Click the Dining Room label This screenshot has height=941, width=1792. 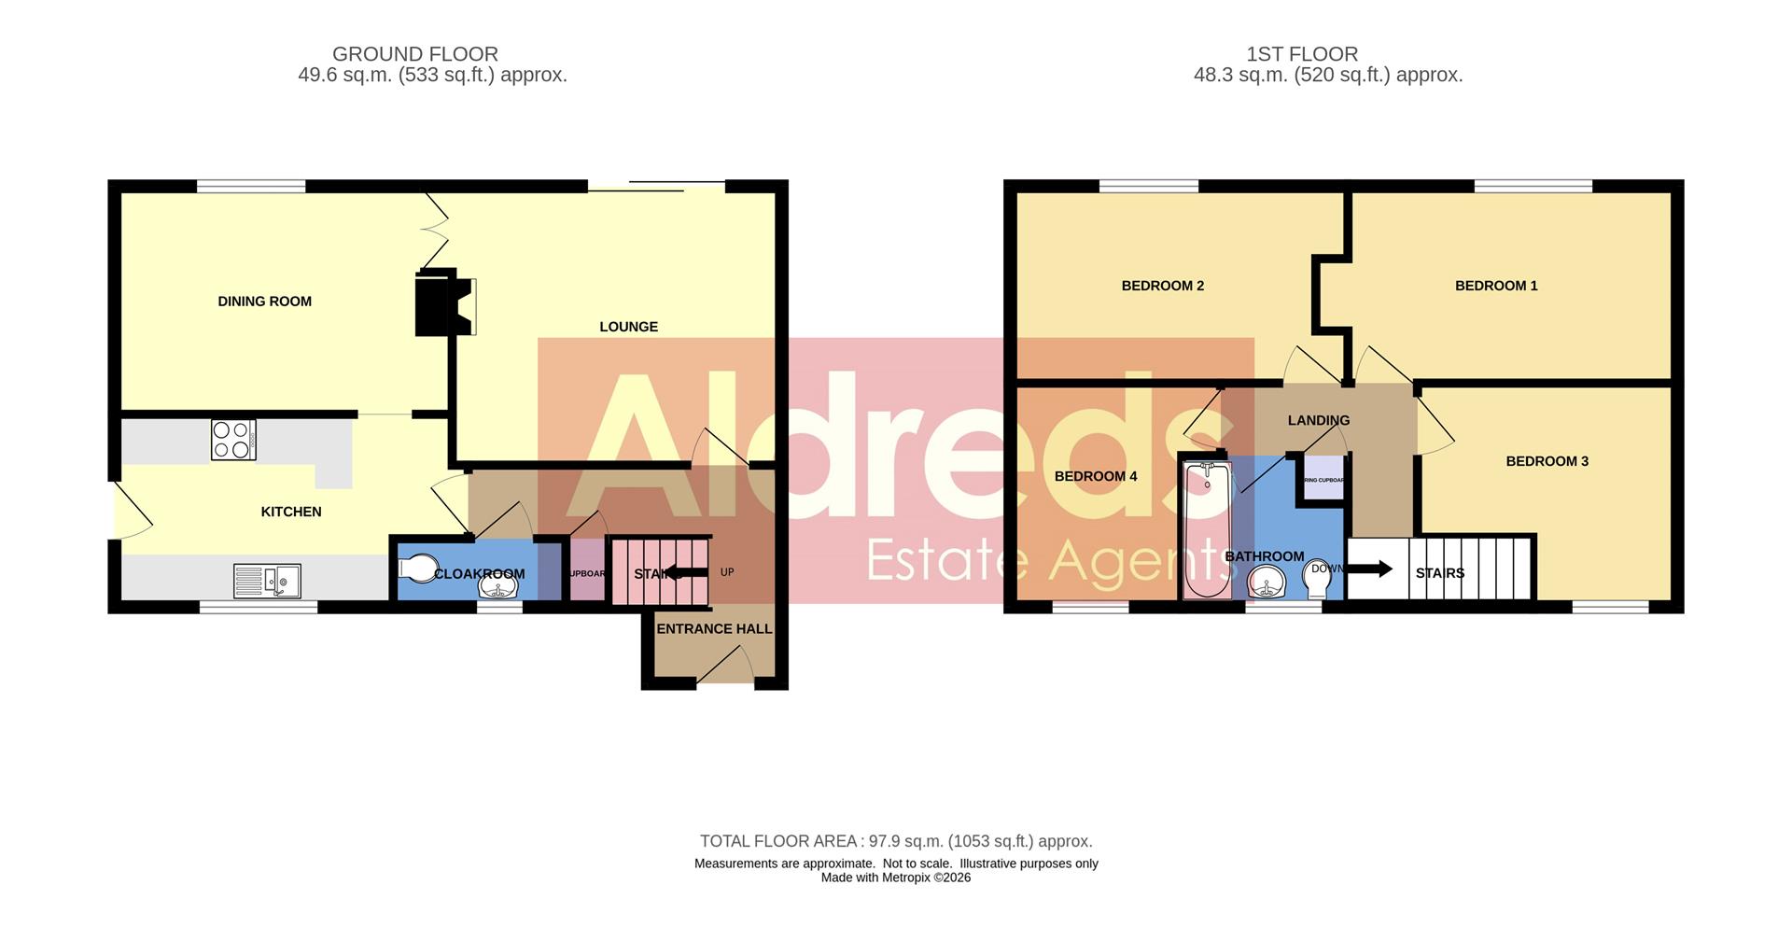[264, 302]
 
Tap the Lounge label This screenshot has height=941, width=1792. [628, 327]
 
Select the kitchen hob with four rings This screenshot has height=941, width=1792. [233, 440]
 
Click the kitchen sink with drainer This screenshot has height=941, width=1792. [267, 581]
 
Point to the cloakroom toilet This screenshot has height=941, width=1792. [417, 569]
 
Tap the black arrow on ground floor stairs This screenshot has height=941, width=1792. [684, 573]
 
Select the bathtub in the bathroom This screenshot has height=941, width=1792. [1207, 529]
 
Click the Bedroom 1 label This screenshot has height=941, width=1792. [1496, 286]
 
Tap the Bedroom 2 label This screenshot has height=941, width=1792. [1162, 286]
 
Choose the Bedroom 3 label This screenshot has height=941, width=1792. [1547, 461]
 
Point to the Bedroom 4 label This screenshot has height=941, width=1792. [1096, 476]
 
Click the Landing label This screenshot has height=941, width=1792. [1318, 420]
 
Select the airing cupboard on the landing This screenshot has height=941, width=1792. [1323, 479]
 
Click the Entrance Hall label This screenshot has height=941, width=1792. [714, 629]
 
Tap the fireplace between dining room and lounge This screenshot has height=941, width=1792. [442, 302]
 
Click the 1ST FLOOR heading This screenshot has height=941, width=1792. [1302, 54]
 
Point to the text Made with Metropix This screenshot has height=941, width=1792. [895, 878]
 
